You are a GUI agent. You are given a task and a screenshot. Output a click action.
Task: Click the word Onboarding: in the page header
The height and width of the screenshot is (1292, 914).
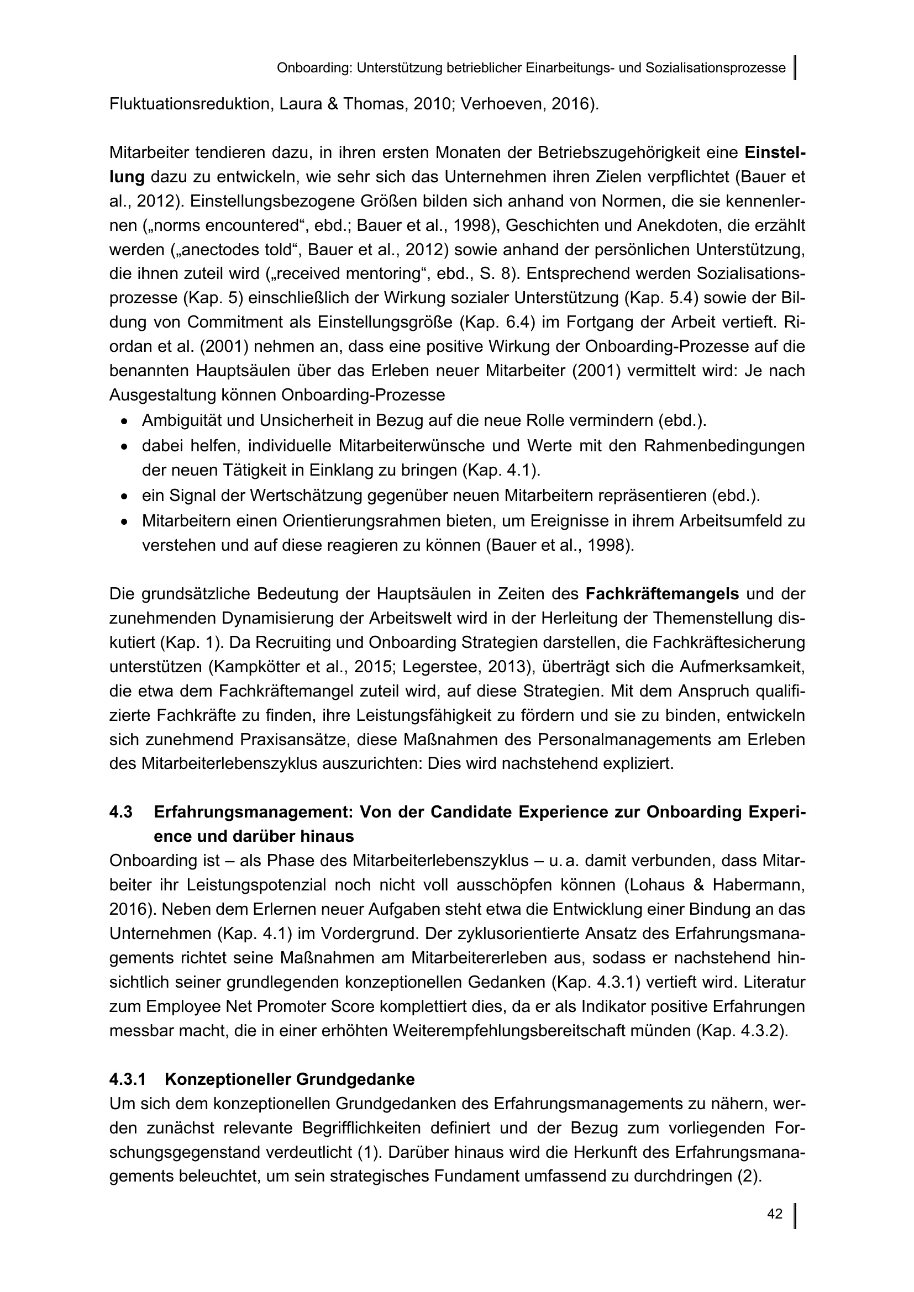[314, 68]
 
